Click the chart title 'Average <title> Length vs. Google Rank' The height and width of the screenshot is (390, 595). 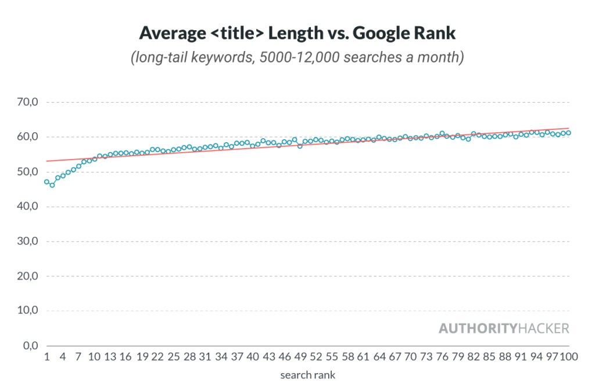click(297, 33)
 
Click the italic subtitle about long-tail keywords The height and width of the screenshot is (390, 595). click(297, 58)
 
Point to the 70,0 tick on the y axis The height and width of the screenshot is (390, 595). click(27, 102)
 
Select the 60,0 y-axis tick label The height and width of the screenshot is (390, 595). click(27, 137)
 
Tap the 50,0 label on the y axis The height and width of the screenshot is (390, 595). click(27, 172)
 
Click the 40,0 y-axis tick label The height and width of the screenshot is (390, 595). click(27, 207)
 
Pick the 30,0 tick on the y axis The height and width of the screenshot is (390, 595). click(27, 241)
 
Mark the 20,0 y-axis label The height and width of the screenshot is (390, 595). click(27, 276)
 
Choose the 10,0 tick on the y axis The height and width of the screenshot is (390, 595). click(27, 310)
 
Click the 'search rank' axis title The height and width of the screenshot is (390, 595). click(307, 375)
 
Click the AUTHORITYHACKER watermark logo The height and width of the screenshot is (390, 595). click(504, 328)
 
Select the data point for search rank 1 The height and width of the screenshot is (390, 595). click(46, 182)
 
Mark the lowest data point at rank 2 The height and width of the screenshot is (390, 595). click(52, 185)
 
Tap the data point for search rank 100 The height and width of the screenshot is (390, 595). click(569, 132)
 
